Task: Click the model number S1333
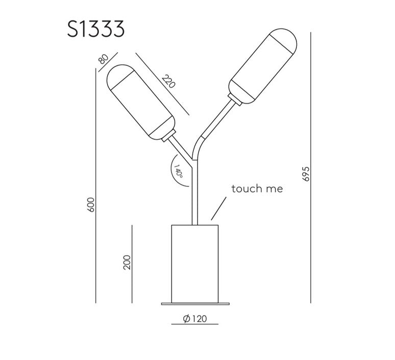96,29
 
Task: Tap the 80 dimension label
103,59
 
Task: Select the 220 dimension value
168,81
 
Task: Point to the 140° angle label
178,171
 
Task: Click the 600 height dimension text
91,204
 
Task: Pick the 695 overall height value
306,174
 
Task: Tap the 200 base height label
127,262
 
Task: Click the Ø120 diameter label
195,319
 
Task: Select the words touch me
257,188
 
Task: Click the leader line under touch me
218,208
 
